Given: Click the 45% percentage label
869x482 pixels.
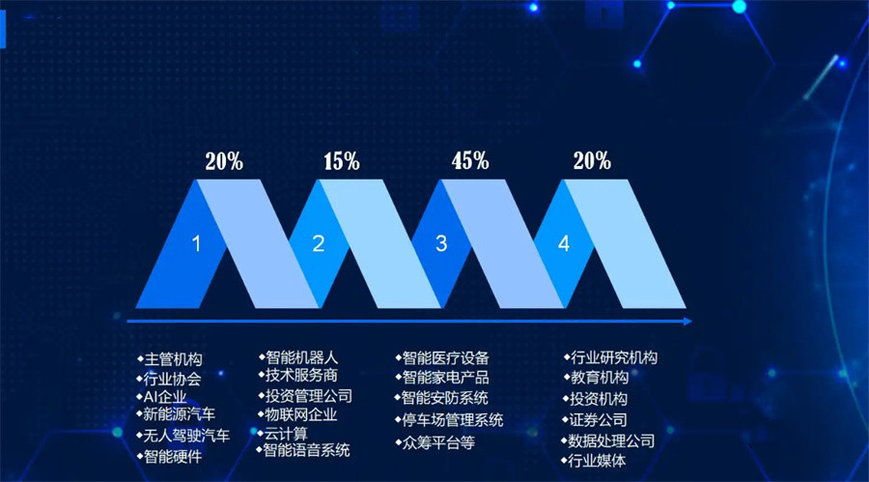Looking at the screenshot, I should pos(470,161).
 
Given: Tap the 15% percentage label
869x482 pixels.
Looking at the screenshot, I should pos(341,161).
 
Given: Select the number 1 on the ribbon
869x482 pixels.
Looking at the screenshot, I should pos(197,244).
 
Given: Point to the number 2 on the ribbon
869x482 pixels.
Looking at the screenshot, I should pos(319,244).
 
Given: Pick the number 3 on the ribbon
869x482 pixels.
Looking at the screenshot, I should pos(441,244).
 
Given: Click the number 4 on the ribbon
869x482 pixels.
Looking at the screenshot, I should pos(564,244).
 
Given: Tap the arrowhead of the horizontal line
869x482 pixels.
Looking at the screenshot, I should pos(687,321).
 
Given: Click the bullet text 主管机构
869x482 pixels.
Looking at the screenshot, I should pos(173,360).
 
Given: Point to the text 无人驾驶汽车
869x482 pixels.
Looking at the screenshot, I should pos(186,436).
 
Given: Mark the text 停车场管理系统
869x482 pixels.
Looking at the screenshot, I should pos(452,420).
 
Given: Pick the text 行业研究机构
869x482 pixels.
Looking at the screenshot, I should pos(614,357).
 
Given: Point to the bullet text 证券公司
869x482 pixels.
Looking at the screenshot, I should pos(599,420).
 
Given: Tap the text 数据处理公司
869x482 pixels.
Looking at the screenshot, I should pos(612,440).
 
